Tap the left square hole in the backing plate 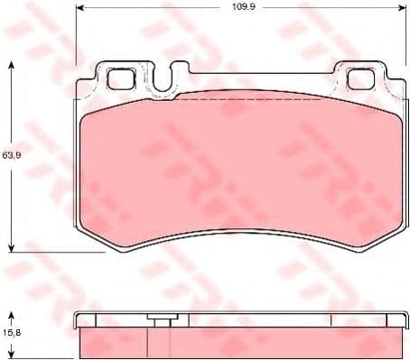click(x=119, y=78)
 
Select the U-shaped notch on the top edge click(x=163, y=83)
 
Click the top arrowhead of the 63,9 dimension click(x=11, y=66)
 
